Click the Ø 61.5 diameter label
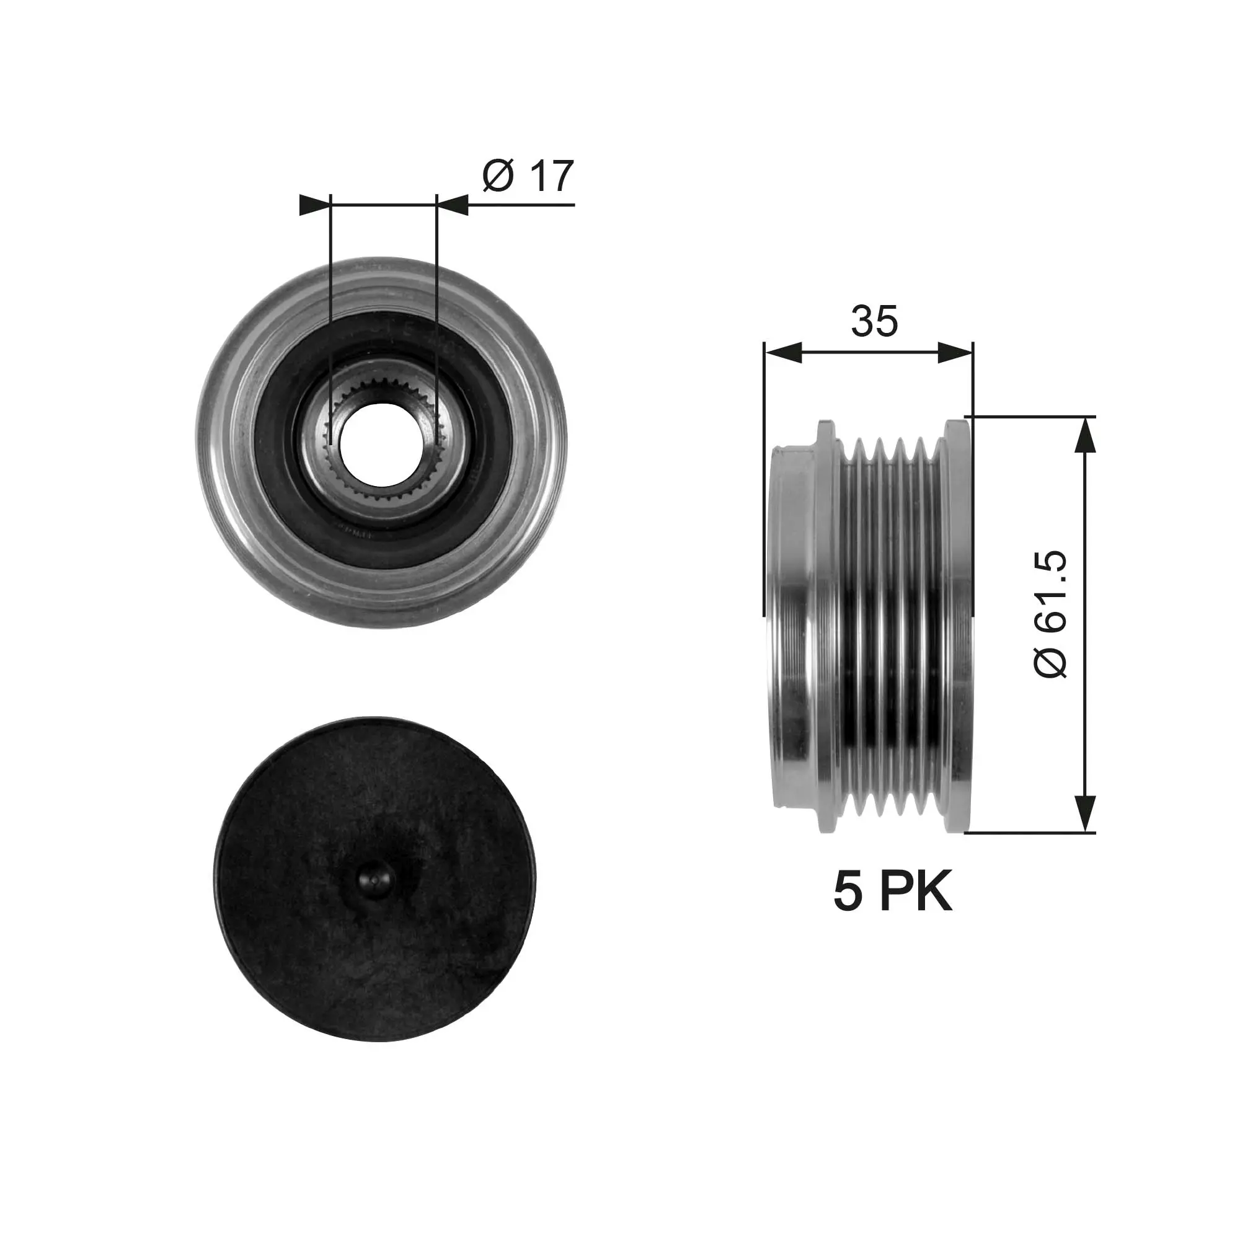[1051, 614]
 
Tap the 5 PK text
[893, 892]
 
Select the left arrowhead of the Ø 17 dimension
[314, 205]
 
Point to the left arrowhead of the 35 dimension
[783, 352]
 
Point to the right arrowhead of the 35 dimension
[955, 352]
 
